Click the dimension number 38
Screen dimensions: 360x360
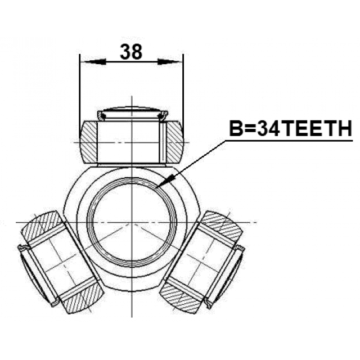tap(131, 52)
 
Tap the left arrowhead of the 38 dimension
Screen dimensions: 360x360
tap(94, 61)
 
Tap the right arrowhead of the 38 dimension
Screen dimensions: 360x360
tap(169, 61)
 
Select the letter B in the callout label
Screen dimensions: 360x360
tap(235, 128)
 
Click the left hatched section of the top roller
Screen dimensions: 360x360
tap(89, 142)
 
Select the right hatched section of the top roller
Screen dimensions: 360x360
tap(174, 142)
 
